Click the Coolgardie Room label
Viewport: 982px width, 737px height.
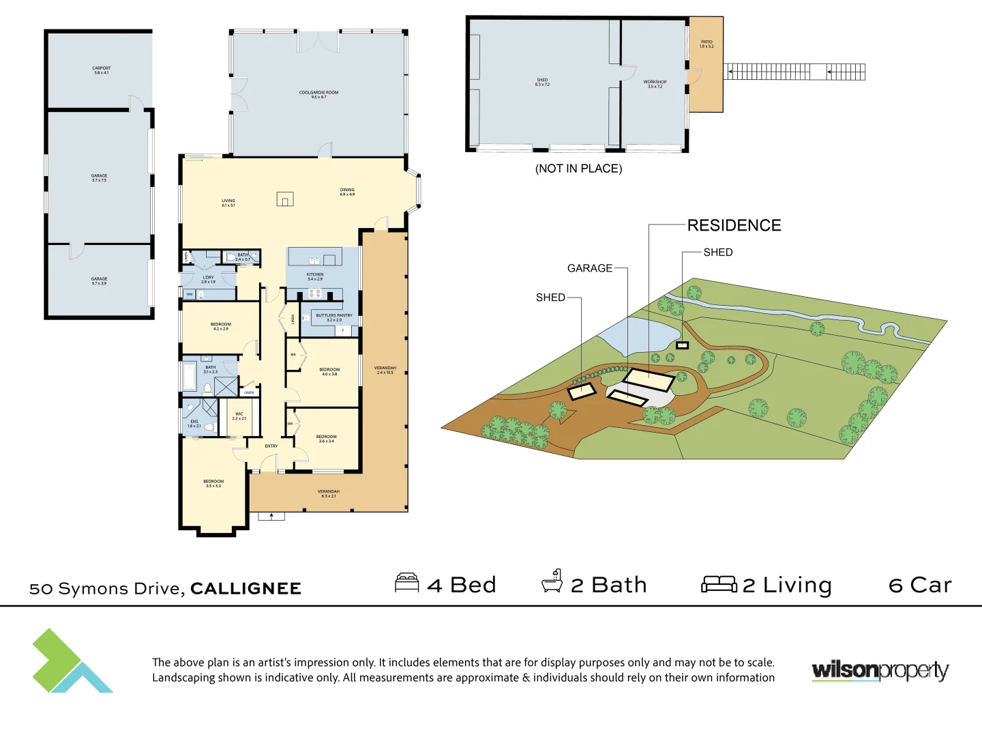[318, 95]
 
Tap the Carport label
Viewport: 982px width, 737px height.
[102, 70]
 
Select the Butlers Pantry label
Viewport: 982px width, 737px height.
[334, 317]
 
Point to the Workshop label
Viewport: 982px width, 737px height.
[655, 84]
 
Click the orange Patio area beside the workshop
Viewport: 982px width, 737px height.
[706, 75]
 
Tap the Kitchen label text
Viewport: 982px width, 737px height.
[315, 276]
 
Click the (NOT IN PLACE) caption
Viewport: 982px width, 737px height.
[578, 169]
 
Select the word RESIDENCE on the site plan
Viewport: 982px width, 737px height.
[734, 225]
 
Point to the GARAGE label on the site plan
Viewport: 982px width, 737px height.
[590, 268]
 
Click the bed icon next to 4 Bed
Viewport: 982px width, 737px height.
[407, 583]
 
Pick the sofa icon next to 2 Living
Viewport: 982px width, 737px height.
[719, 584]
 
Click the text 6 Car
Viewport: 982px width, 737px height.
[920, 585]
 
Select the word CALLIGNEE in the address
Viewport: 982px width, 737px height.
[245, 588]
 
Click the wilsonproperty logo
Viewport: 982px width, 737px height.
[880, 671]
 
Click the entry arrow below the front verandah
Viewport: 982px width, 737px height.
[271, 517]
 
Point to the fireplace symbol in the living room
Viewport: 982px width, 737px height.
[285, 199]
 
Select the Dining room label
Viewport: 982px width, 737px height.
[347, 192]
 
